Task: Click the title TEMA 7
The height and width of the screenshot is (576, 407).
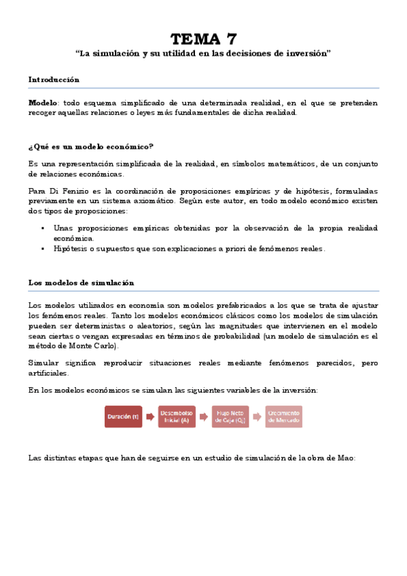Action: point(203,38)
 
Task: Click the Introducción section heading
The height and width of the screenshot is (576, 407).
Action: point(54,79)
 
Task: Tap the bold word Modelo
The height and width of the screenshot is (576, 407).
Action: point(43,102)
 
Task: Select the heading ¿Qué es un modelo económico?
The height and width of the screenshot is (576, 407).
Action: point(90,146)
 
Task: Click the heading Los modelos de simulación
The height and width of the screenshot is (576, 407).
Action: point(81,282)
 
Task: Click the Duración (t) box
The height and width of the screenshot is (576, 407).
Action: point(123,416)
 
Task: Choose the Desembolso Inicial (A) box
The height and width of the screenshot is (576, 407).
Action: point(177,416)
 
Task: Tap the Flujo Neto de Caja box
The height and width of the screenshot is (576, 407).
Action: point(230,416)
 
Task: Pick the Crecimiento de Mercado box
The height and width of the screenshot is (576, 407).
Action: point(284,416)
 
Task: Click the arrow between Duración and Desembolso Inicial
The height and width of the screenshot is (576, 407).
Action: point(150,416)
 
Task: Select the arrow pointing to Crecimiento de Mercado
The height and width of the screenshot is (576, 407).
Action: point(257,416)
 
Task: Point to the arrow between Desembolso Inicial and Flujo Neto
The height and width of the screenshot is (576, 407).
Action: point(204,416)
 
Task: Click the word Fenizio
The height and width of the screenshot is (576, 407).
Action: point(73,192)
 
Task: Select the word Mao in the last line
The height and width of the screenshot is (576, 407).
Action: point(346,458)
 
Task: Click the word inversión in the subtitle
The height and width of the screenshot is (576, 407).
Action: point(306,54)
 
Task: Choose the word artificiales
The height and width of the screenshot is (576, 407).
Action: point(48,374)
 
